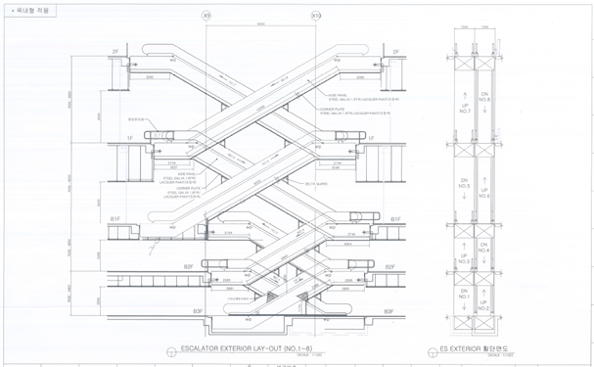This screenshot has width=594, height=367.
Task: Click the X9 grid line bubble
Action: tap(206, 17)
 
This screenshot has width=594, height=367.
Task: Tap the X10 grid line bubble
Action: tap(315, 17)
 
